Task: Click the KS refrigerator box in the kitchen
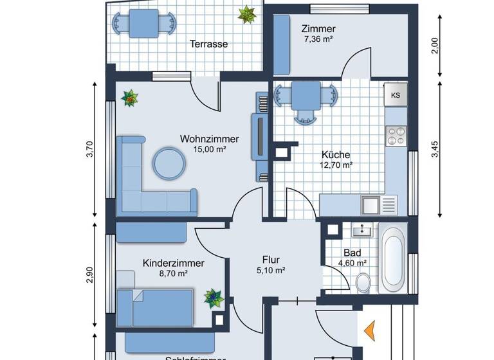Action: [396, 95]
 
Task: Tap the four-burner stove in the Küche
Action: [396, 136]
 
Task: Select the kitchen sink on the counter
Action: [370, 205]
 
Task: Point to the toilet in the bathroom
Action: [363, 281]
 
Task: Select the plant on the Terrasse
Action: [247, 14]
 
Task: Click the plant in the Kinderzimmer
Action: [213, 298]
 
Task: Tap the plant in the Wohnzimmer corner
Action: [131, 98]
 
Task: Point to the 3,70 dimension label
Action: [90, 149]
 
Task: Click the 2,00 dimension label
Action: [435, 46]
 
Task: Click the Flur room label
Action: [270, 260]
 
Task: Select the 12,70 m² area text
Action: [336, 165]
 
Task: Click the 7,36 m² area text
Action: [318, 39]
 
